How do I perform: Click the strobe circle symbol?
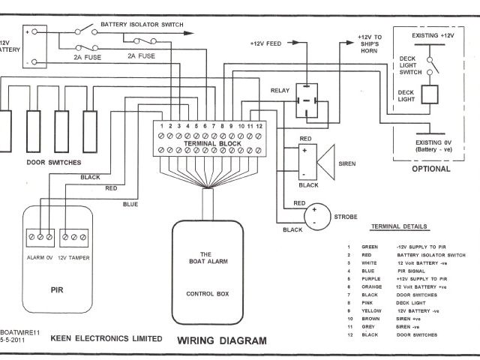[317, 217]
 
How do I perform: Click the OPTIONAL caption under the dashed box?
[432, 169]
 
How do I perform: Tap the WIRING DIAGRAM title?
[222, 340]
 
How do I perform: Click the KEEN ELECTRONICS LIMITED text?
[105, 339]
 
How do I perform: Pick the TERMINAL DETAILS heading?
[400, 226]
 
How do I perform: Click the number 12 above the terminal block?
[259, 126]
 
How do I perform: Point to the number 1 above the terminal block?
[161, 126]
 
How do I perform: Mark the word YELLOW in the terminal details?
[370, 310]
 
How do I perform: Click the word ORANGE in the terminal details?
[370, 286]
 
